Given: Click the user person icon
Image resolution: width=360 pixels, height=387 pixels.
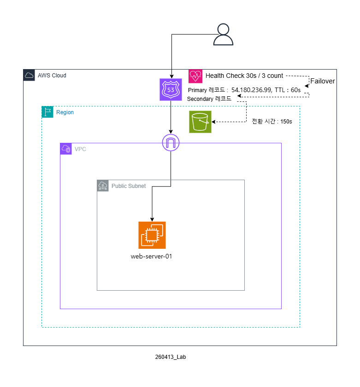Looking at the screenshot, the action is pyautogui.click(x=223, y=35).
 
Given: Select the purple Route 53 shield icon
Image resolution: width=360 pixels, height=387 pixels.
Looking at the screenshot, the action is pyautogui.click(x=171, y=89).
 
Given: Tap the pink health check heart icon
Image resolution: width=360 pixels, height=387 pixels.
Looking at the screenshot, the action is pyautogui.click(x=195, y=76).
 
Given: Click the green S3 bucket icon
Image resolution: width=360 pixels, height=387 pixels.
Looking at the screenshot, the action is pyautogui.click(x=200, y=122).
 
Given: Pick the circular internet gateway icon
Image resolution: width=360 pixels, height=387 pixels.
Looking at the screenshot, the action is pyautogui.click(x=171, y=143).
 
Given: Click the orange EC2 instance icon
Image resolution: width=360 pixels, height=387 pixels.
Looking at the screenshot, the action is pyautogui.click(x=152, y=235).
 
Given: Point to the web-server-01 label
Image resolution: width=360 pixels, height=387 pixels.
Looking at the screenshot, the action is pyautogui.click(x=151, y=257).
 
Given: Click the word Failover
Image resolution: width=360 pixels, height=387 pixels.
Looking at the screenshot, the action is pyautogui.click(x=323, y=81).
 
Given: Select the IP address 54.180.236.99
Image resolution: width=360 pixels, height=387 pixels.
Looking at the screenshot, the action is pyautogui.click(x=251, y=90).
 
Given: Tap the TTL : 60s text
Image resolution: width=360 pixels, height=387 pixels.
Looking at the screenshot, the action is pyautogui.click(x=288, y=90).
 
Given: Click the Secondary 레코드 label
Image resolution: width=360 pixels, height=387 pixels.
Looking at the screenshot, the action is pyautogui.click(x=209, y=99).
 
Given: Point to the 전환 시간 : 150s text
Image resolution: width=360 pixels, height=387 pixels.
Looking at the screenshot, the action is pyautogui.click(x=272, y=122).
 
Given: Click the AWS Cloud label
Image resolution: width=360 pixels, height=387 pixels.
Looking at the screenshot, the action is pyautogui.click(x=52, y=76).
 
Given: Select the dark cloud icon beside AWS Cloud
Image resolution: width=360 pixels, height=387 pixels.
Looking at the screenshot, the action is pyautogui.click(x=29, y=75).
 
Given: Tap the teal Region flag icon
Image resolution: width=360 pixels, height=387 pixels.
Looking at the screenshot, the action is pyautogui.click(x=47, y=112).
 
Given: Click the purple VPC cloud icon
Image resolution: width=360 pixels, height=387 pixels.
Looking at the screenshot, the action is pyautogui.click(x=66, y=149).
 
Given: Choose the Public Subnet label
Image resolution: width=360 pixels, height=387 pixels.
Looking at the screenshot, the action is pyautogui.click(x=129, y=186).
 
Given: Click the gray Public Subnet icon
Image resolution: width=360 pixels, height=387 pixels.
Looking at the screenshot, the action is pyautogui.click(x=103, y=186).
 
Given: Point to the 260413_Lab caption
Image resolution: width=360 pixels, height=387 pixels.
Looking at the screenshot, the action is pyautogui.click(x=171, y=357).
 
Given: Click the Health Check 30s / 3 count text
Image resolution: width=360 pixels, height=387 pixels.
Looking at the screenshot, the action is pyautogui.click(x=244, y=76).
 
